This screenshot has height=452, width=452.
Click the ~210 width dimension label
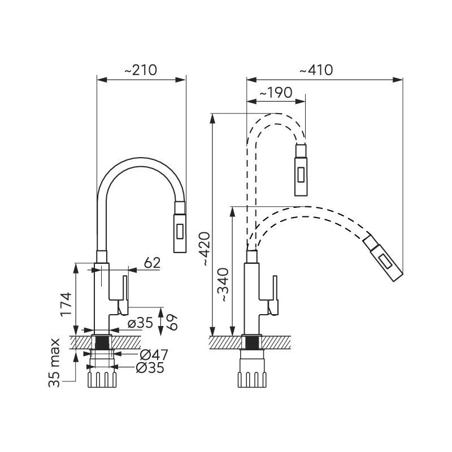click(x=140, y=71)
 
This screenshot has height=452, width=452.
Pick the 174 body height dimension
click(x=67, y=306)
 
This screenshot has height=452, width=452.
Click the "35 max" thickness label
click(x=54, y=362)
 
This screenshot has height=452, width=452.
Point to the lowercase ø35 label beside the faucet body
click(x=140, y=323)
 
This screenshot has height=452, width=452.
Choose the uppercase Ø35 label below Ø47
click(x=150, y=368)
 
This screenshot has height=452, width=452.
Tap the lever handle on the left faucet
click(x=124, y=294)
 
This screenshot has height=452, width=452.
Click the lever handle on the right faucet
click(x=274, y=295)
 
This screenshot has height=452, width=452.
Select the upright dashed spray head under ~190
click(x=301, y=169)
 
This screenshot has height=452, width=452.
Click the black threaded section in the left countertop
click(x=102, y=342)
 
